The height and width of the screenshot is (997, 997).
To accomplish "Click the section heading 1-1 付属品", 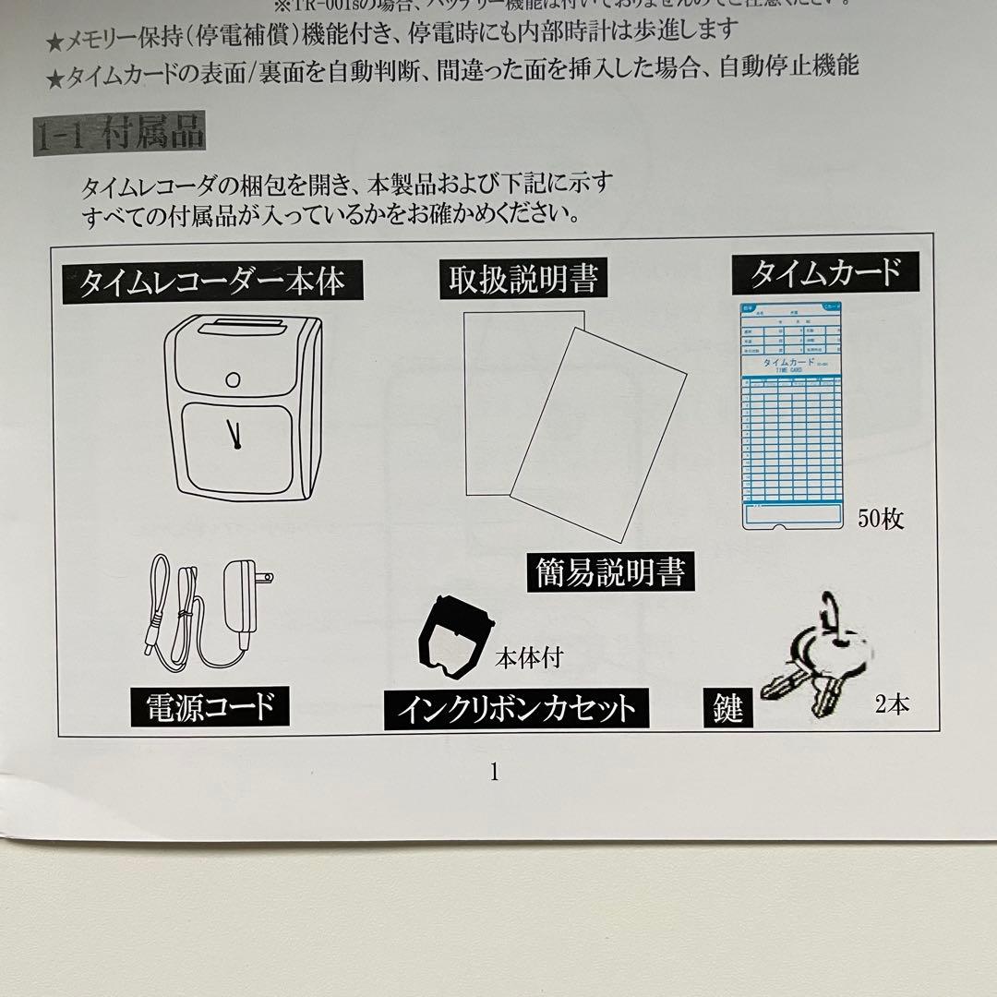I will coord(118,136).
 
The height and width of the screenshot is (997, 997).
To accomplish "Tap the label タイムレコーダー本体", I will coord(211,281).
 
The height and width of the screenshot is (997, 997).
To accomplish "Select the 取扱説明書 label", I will coord(523,279).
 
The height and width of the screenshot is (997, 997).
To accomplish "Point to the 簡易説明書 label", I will coord(610,572).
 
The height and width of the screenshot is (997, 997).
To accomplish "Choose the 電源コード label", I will coord(210,706).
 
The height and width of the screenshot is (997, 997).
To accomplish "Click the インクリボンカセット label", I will coord(516,709).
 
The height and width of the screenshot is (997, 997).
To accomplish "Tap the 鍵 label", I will coord(728,710).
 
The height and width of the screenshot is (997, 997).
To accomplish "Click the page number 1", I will coord(495,772).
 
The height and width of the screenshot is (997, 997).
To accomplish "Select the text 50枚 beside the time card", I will coord(880,519).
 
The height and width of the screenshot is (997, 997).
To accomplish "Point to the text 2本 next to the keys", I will coord(892,706).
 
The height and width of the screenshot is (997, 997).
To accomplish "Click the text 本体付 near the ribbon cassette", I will coord(528,658).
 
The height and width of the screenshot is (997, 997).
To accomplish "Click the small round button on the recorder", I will coord(234,378).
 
